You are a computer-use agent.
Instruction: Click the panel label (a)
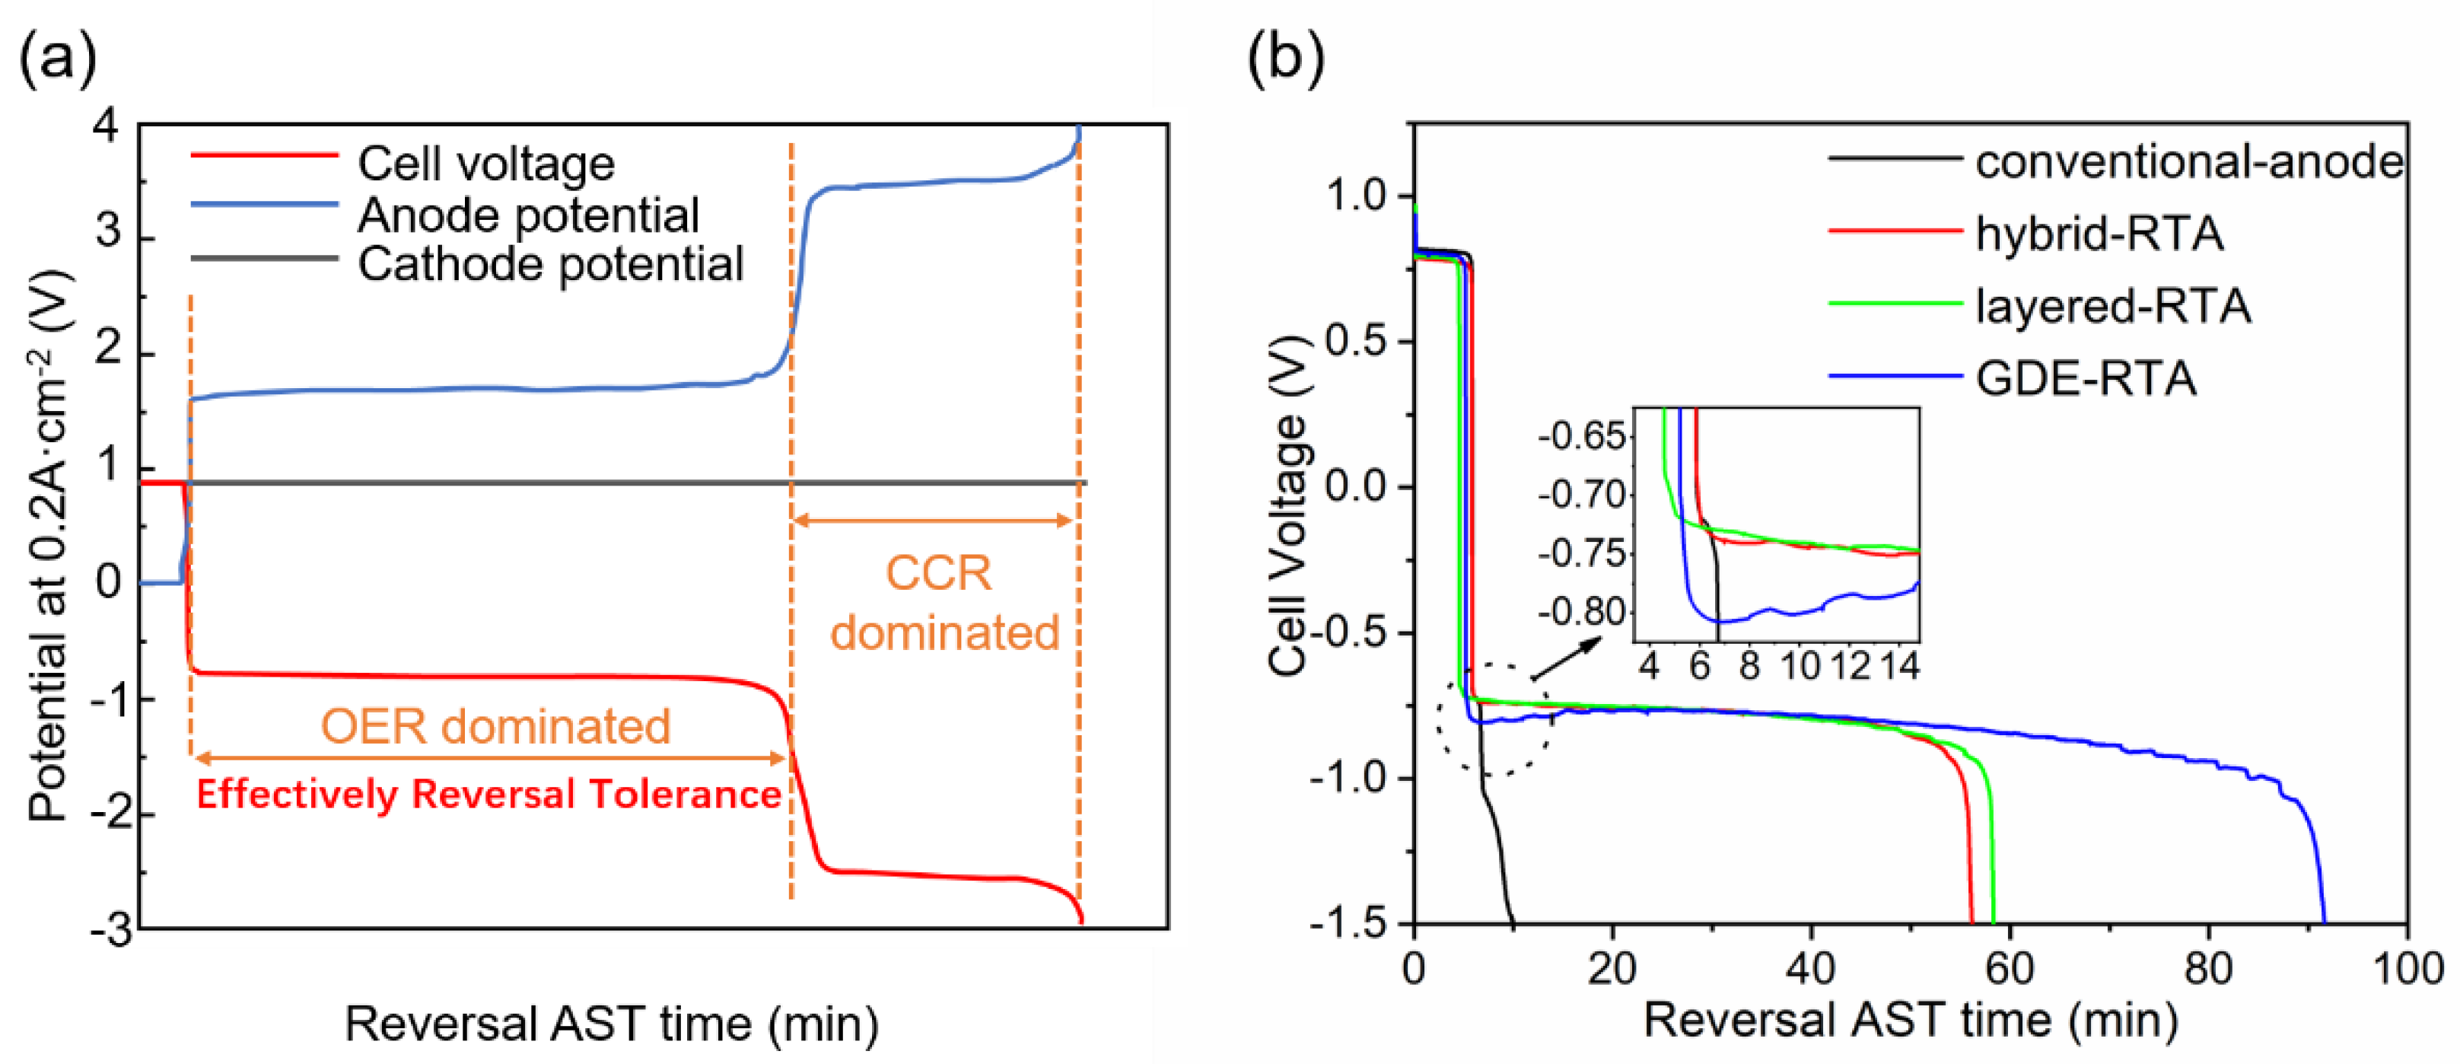coord(57,59)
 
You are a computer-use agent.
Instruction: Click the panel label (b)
coord(1285,59)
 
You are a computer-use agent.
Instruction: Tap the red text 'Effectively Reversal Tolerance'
coord(489,795)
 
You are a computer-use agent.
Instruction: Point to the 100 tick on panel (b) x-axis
coord(2407,969)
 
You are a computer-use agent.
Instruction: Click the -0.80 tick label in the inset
coord(1581,611)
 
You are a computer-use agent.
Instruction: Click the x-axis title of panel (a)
coord(611,1023)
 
